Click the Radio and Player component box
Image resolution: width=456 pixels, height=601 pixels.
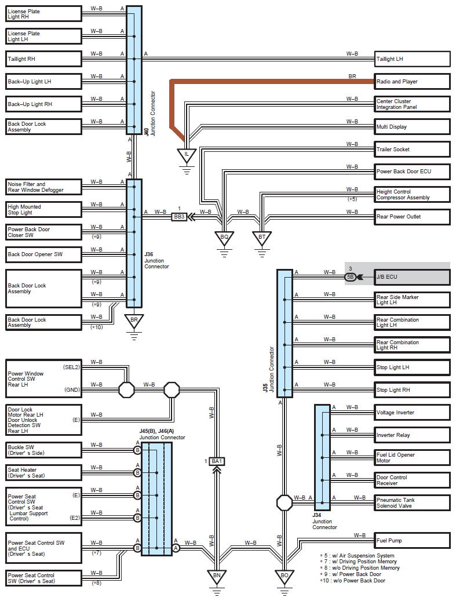point(412,82)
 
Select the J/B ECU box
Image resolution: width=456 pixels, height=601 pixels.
point(412,276)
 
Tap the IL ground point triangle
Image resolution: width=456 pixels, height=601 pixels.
point(187,155)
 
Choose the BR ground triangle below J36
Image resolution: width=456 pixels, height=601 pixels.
point(134,321)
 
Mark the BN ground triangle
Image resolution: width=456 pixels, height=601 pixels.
point(217,577)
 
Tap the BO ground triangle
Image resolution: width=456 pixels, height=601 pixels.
point(284,577)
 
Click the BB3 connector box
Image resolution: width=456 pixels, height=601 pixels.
point(180,217)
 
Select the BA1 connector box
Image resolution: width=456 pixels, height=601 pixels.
point(217,461)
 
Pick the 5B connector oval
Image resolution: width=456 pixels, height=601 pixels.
point(350,276)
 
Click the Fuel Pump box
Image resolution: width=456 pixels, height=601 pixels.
point(412,541)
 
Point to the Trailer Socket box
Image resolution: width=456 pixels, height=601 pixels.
point(412,149)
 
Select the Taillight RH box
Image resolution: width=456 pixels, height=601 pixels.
point(43,59)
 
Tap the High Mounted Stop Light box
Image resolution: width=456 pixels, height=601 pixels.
point(43,209)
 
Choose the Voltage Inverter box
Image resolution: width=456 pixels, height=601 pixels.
point(412,413)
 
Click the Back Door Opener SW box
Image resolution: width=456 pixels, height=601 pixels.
point(43,254)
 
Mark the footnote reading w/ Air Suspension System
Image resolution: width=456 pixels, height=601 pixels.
point(359,555)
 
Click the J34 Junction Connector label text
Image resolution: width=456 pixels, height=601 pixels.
point(324,521)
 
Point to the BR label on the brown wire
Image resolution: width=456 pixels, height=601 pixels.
point(352,77)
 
